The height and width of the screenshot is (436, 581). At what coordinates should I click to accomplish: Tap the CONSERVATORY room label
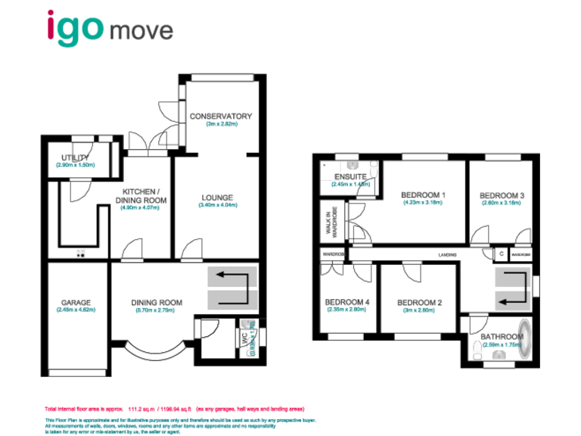click(x=220, y=116)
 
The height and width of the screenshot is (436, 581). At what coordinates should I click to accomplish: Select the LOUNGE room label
click(x=216, y=198)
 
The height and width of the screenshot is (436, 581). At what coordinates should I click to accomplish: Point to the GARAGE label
click(x=75, y=303)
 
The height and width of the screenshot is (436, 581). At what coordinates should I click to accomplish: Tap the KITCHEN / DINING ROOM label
click(x=140, y=195)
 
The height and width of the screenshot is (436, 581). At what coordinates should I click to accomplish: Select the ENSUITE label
click(x=349, y=177)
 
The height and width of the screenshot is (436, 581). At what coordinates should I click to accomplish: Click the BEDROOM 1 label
click(x=423, y=195)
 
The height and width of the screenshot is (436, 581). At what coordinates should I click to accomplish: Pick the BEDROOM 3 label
click(x=502, y=195)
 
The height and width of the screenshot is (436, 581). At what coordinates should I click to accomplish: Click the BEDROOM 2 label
click(x=419, y=303)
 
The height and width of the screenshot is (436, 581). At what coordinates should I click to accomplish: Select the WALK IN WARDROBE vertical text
click(x=329, y=223)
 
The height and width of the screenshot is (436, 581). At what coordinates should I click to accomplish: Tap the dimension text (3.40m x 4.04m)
click(x=216, y=206)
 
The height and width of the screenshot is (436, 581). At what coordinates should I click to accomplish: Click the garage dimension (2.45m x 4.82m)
click(x=75, y=310)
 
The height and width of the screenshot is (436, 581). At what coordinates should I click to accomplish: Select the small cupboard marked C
click(x=501, y=255)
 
